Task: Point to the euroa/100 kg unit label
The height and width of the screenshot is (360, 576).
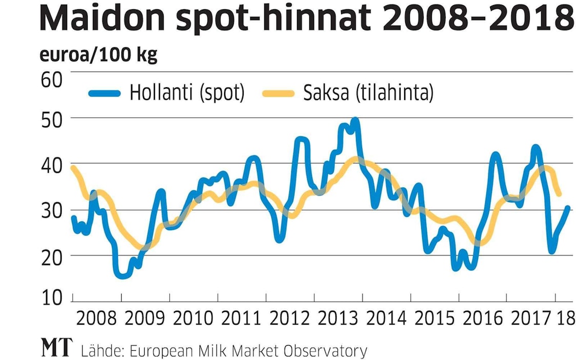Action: point(98,55)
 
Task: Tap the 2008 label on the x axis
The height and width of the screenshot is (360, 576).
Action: point(96,319)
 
